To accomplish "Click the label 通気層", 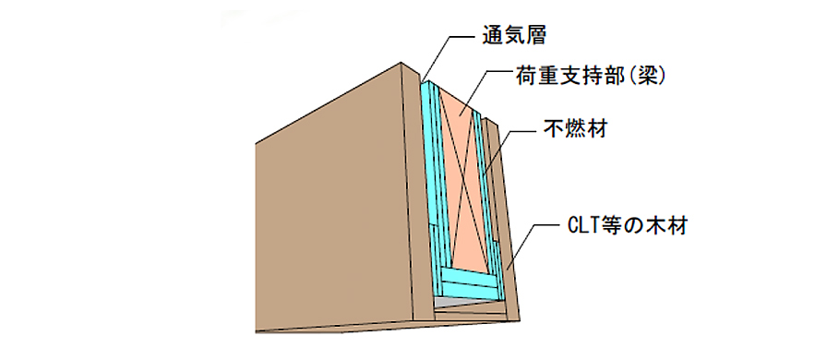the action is (514, 36).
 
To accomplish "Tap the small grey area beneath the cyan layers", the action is (458, 302).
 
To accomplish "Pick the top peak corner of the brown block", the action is (402, 62).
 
